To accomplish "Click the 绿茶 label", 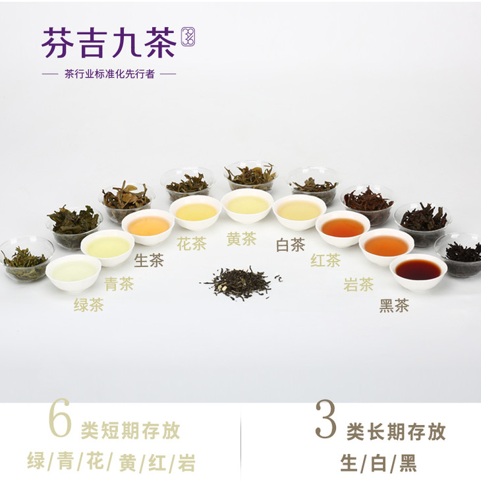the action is [x=89, y=305].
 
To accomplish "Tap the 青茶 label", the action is [x=119, y=284].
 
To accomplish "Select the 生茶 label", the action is [x=149, y=260].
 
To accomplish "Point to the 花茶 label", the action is [x=192, y=244].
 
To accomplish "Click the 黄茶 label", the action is [x=241, y=239].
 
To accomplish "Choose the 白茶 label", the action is [x=291, y=245].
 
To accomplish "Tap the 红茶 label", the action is [x=325, y=260].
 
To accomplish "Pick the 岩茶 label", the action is [x=358, y=285].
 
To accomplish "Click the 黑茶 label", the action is [x=394, y=306].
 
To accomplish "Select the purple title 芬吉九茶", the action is [x=109, y=43].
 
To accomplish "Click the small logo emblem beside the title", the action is [x=188, y=37].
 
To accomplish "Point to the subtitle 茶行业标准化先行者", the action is [x=109, y=74].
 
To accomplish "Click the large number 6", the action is [x=60, y=418].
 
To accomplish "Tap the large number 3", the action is [x=325, y=418].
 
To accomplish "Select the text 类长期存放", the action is [x=396, y=432].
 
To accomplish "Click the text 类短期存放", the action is [x=130, y=430].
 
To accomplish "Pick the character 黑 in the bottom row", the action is [x=408, y=463].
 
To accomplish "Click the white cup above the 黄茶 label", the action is [x=247, y=206].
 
